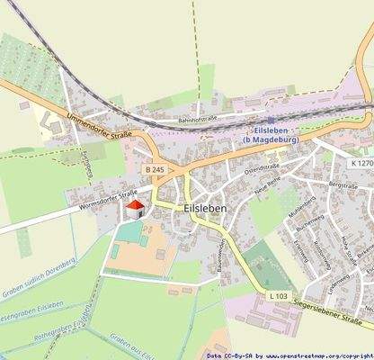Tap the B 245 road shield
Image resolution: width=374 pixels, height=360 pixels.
[155, 169]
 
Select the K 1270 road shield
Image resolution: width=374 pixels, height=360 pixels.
[361, 162]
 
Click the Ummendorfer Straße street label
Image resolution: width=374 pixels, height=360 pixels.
[99, 126]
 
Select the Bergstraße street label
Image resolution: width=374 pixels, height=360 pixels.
[343, 184]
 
